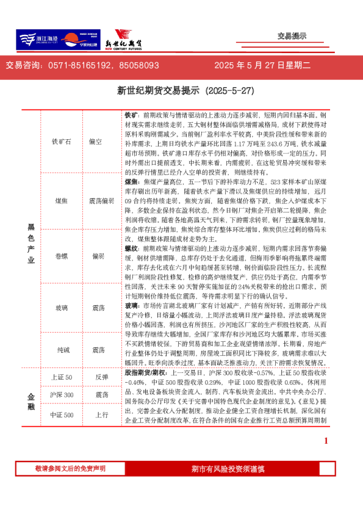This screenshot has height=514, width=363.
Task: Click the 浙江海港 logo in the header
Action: click(x=38, y=40)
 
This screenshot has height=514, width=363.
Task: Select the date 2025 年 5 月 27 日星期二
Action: click(x=262, y=65)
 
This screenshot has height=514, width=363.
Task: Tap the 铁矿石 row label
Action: click(x=62, y=142)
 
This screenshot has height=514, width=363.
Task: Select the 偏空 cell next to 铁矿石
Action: click(x=95, y=142)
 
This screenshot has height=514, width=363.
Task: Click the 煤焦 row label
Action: click(x=62, y=200)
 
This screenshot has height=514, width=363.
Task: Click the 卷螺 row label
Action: click(x=62, y=256)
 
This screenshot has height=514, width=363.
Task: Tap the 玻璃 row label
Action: click(x=62, y=308)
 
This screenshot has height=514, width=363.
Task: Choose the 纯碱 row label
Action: click(x=62, y=350)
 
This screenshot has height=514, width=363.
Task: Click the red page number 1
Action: click(x=326, y=440)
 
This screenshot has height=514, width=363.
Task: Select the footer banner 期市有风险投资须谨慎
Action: click(x=227, y=468)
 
